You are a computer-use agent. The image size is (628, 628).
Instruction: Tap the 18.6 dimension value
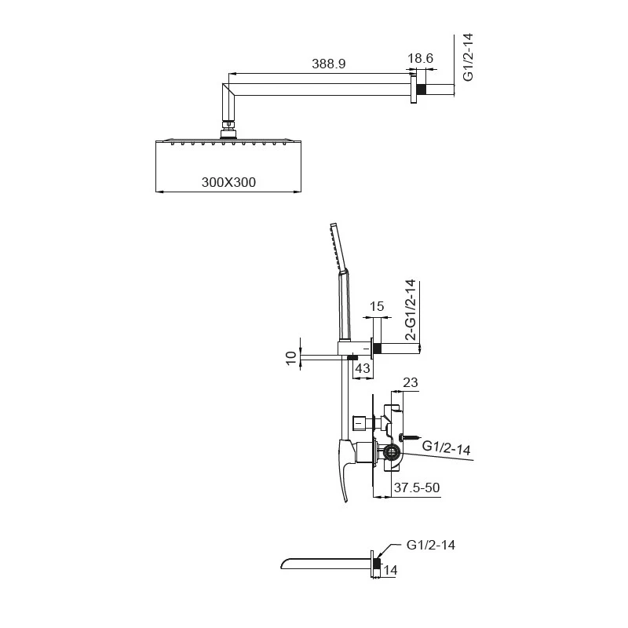421,58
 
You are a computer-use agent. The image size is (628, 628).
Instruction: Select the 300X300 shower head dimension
229,182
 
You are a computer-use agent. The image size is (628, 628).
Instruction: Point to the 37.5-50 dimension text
417,487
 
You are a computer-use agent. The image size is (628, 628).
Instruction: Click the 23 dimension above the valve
409,382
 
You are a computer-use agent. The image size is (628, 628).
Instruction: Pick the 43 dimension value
363,367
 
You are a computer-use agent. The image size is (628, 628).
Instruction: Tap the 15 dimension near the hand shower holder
376,305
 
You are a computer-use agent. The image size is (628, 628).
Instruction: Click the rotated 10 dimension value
292,358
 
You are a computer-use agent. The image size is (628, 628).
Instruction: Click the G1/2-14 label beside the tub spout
432,544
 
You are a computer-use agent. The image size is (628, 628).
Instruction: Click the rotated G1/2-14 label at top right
468,57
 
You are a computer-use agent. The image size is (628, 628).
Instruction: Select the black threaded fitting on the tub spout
377,563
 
